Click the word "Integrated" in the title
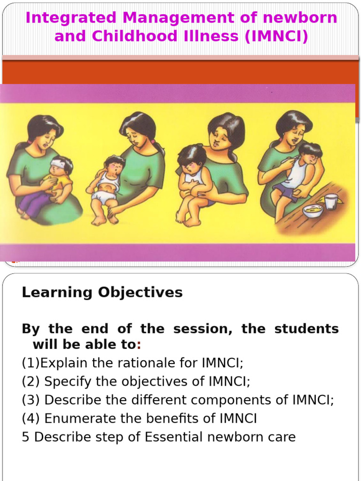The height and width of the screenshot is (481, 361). (x=71, y=18)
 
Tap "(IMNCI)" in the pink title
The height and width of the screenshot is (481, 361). (x=276, y=36)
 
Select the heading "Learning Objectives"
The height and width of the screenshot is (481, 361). (x=102, y=292)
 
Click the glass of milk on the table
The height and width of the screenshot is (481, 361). (x=331, y=202)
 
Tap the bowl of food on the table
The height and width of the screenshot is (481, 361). (x=313, y=211)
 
